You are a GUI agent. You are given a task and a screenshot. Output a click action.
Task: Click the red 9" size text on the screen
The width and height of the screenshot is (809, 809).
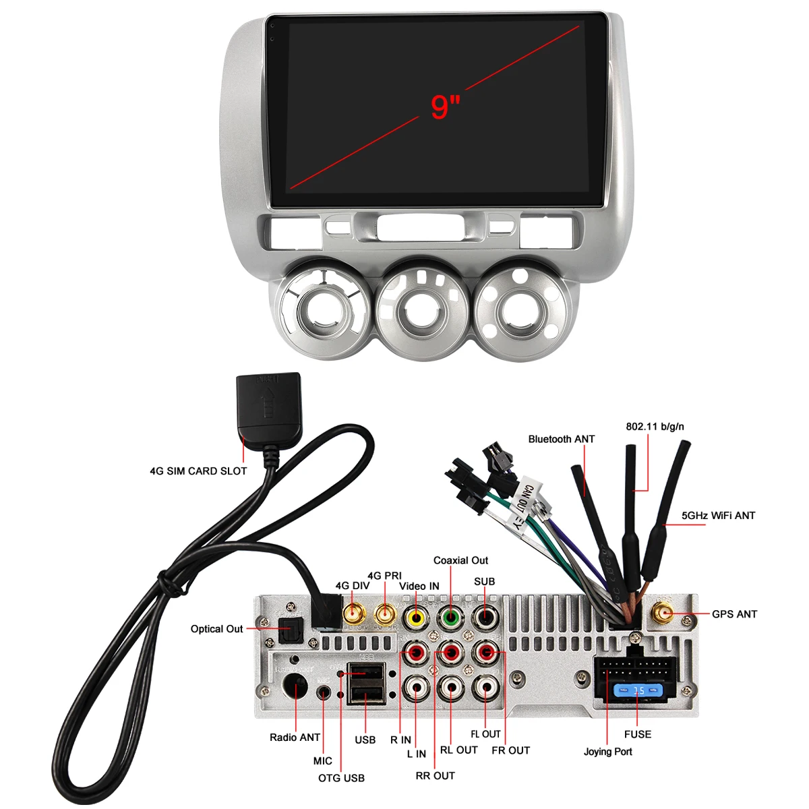pyautogui.click(x=445, y=107)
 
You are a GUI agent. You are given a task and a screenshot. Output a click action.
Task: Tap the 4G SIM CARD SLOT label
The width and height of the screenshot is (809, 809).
pyautogui.click(x=198, y=471)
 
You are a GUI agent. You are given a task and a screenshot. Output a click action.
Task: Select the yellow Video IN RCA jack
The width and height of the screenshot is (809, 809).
pyautogui.click(x=415, y=617)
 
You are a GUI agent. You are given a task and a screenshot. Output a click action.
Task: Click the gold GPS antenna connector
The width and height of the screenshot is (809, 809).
pyautogui.click(x=664, y=614)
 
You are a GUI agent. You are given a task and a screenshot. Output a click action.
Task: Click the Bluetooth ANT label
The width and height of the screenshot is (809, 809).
pyautogui.click(x=561, y=440)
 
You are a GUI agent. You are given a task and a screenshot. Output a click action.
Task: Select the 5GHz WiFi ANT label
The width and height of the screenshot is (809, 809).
pyautogui.click(x=718, y=516)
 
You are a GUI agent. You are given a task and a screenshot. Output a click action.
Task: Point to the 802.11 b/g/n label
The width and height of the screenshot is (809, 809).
pyautogui.click(x=655, y=427)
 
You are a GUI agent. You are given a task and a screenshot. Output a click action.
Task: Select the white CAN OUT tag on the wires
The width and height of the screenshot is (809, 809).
pyautogui.click(x=524, y=497)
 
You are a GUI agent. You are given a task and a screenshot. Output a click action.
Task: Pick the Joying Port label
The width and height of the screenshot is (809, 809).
pyautogui.click(x=607, y=752)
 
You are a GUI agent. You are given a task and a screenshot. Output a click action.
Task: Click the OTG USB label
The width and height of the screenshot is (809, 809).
pyautogui.click(x=341, y=778)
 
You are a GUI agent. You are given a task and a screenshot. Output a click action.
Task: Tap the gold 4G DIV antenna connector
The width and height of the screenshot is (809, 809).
pyautogui.click(x=354, y=614)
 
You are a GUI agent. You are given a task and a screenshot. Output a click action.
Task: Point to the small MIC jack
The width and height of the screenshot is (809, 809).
pyautogui.click(x=325, y=693)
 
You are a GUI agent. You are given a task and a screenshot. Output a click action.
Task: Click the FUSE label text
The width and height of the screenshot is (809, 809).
pyautogui.click(x=637, y=734)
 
